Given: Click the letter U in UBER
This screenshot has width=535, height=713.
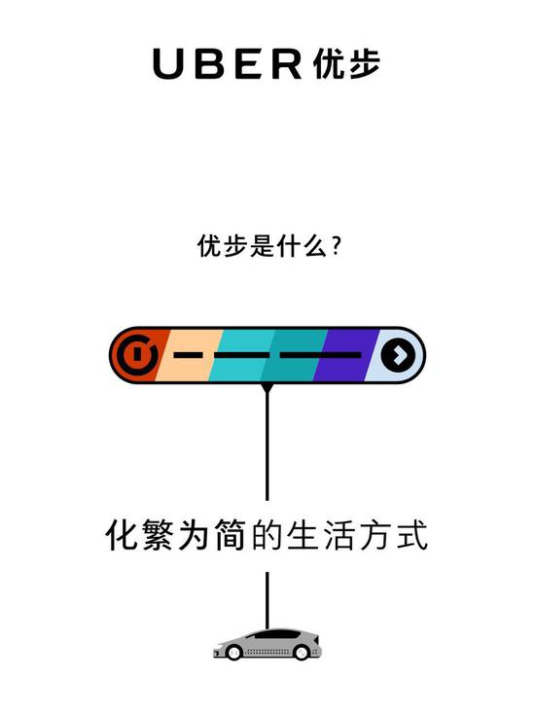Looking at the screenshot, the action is point(168,63).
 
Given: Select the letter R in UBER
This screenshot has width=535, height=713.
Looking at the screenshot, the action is point(287,63).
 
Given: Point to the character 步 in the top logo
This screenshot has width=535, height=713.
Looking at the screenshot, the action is point(364,63).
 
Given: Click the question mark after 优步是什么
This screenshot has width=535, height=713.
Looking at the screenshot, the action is point(336,246).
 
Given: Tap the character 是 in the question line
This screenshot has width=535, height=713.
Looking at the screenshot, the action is point(263,246).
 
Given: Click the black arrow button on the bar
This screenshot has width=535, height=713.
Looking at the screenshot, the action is point(398,355).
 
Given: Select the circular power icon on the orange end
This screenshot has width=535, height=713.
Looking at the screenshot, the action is point(137,355).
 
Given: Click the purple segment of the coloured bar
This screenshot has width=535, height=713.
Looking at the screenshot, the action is point(346,355).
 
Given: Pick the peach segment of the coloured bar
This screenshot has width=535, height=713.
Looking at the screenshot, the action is point(188,355).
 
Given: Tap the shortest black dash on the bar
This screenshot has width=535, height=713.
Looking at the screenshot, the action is point(188,355).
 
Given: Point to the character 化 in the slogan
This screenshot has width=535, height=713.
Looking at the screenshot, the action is point(122,535).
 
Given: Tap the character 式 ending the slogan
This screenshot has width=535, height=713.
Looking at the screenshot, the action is point(411,535).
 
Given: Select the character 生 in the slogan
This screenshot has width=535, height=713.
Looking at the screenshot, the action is point(303,535).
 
